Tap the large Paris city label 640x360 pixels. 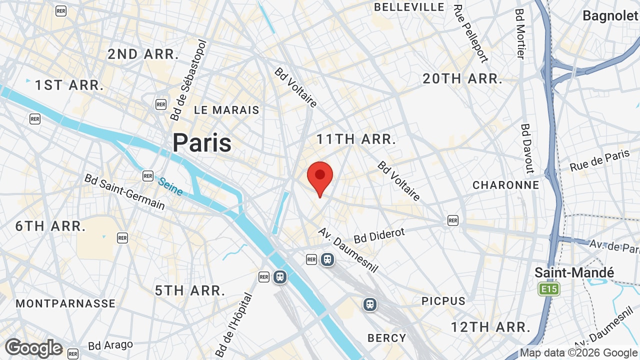pyautogui.click(x=202, y=143)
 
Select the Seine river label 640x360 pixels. pyautogui.click(x=170, y=186)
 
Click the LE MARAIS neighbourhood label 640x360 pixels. pyautogui.click(x=226, y=110)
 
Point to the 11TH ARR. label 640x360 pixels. pyautogui.click(x=356, y=139)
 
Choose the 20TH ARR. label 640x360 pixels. pyautogui.click(x=462, y=78)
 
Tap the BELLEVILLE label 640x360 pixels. pyautogui.click(x=409, y=7)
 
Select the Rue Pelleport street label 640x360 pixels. pyautogui.click(x=470, y=33)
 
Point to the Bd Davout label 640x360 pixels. pyautogui.click(x=528, y=148)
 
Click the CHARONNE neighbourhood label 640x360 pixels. pyautogui.click(x=506, y=185)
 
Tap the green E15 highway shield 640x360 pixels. pyautogui.click(x=548, y=289)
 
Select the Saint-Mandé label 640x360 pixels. pyautogui.click(x=574, y=272)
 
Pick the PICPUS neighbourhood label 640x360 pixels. pyautogui.click(x=443, y=301)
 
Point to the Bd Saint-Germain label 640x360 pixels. pyautogui.click(x=124, y=191)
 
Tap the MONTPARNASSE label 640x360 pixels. pyautogui.click(x=65, y=303)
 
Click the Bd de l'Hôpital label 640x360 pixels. pyautogui.click(x=234, y=325)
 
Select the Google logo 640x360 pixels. pyautogui.click(x=33, y=348)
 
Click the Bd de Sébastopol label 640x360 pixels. pyautogui.click(x=188, y=80)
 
